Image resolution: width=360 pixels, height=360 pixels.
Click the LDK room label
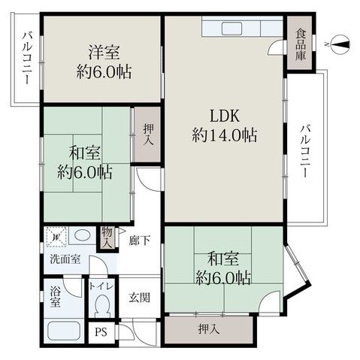pos(225,117)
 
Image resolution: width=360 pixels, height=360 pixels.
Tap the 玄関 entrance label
pos(139,297)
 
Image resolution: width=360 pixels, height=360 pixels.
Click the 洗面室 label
pos(58,260)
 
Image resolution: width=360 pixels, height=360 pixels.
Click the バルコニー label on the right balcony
pos(304,150)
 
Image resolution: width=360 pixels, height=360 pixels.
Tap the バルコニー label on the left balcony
pos(26,56)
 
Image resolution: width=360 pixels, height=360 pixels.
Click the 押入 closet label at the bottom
pos(208,328)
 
